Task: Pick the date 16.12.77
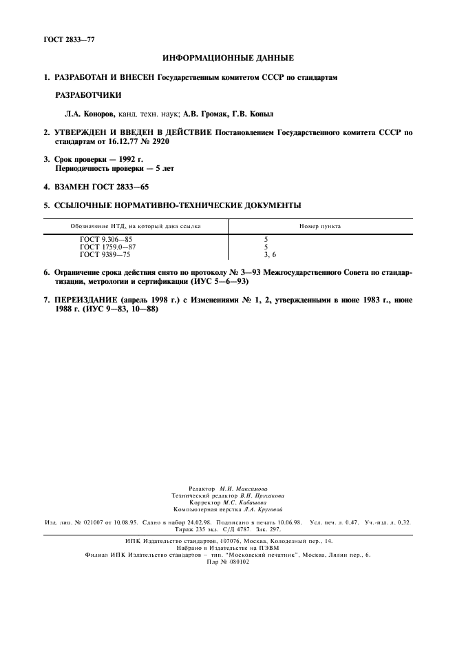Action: (x=120, y=141)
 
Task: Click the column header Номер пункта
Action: (x=319, y=226)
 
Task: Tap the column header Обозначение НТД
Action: (x=135, y=226)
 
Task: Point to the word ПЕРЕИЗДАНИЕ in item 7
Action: (x=85, y=300)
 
